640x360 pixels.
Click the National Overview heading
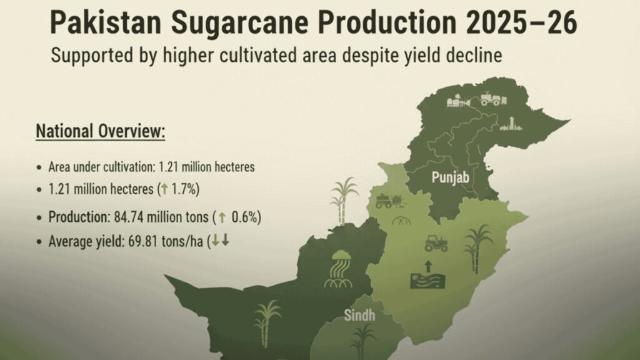[x=101, y=132]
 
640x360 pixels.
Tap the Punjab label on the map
[x=450, y=178]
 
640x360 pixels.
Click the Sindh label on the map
[x=360, y=315]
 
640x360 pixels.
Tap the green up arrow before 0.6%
[x=221, y=217]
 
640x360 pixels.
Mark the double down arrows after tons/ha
[x=221, y=241]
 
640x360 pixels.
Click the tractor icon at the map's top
[x=490, y=98]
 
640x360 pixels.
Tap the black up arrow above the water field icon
[x=428, y=265]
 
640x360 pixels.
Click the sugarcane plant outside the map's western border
[x=343, y=199]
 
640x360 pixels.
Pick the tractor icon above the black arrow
[x=436, y=243]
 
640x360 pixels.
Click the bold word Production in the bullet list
[x=79, y=217]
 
